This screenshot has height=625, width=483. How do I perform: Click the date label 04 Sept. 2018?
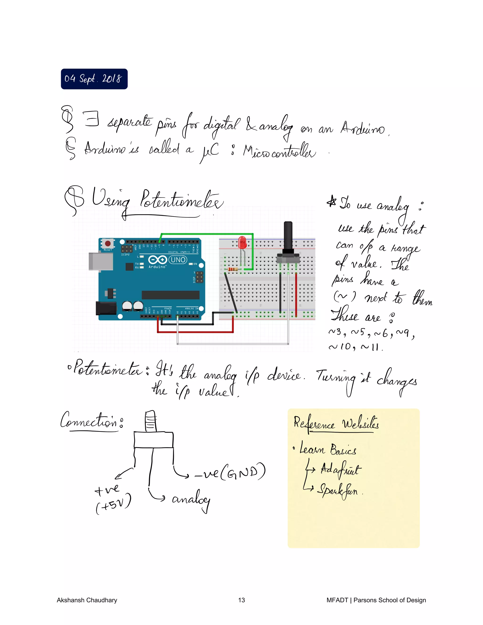94,79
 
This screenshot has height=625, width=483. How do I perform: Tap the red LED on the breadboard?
242,242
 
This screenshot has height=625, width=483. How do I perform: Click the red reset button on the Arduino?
108,244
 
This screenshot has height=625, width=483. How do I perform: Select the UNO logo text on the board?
178,260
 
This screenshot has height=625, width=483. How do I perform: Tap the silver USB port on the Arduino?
101,261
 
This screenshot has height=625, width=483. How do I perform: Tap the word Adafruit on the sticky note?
341,470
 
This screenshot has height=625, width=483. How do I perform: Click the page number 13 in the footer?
241,600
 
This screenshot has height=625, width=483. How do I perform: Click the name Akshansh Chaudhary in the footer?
87,600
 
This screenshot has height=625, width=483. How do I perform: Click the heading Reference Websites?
336,423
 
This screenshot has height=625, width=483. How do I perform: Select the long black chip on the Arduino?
171,295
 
